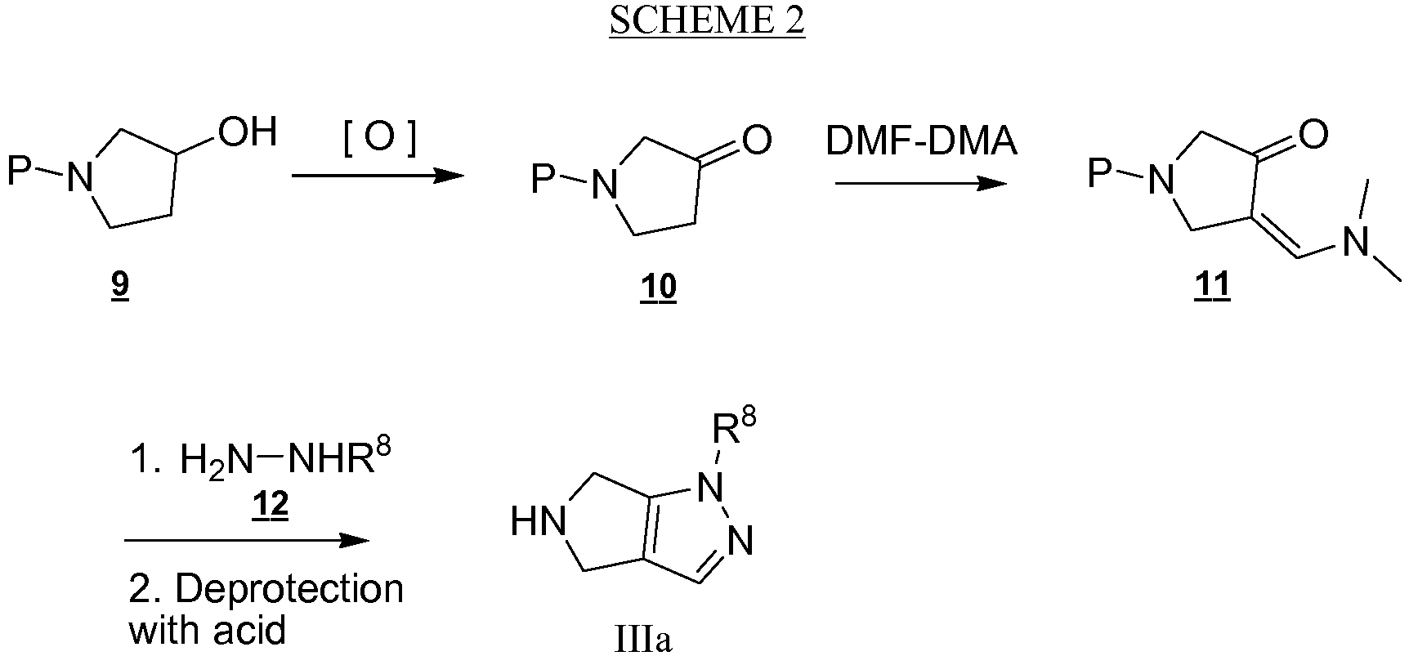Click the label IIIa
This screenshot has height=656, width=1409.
643,640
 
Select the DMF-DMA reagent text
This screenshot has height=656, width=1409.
922,141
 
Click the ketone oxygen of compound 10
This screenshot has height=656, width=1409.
757,140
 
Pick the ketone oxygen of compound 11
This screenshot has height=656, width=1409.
1313,135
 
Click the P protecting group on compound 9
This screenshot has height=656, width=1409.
20,171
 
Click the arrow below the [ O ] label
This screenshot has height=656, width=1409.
378,175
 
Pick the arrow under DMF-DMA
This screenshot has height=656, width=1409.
921,183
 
